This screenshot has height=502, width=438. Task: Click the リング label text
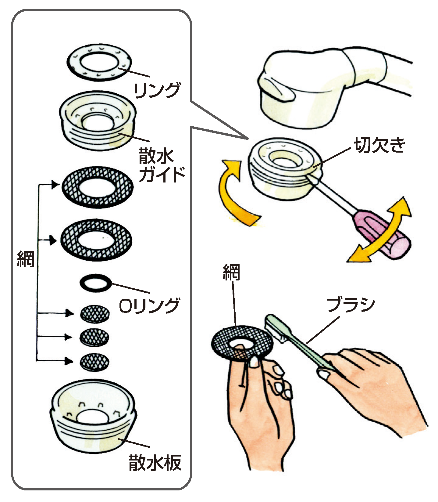click(157, 90)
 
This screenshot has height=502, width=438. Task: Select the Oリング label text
click(148, 305)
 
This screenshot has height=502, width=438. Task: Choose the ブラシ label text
click(350, 305)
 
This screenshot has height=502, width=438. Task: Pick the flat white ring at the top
click(99, 64)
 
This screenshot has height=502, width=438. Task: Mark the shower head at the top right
click(320, 88)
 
